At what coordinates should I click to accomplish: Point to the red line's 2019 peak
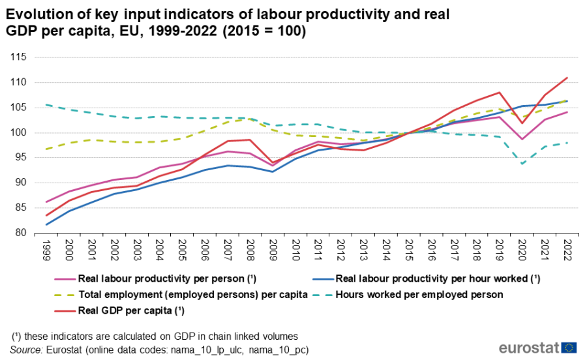pyautogui.click(x=500, y=93)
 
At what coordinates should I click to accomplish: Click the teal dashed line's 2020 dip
pyautogui.click(x=522, y=164)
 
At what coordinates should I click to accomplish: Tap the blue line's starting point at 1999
pyautogui.click(x=46, y=224)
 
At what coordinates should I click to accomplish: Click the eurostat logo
pyautogui.click(x=537, y=347)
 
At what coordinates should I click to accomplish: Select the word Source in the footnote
pyautogui.click(x=27, y=350)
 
